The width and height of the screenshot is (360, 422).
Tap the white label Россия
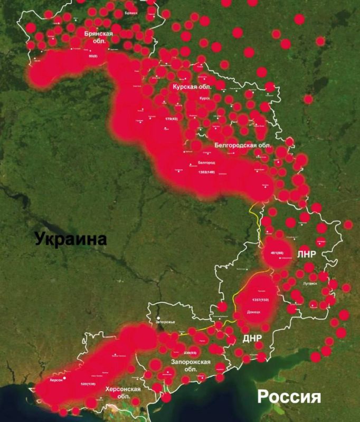pos(289,396)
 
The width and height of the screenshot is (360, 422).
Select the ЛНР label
pos(306,254)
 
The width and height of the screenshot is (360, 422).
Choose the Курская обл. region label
pos(192,86)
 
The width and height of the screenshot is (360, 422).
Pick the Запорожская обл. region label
pos(191,365)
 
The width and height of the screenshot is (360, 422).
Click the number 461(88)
pos(277,253)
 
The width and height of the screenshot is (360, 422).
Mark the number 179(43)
pos(172,119)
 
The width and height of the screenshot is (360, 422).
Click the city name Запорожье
pos(165,321)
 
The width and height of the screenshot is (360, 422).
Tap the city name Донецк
pos(254,312)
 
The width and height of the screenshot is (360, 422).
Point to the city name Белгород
pos(206,163)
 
